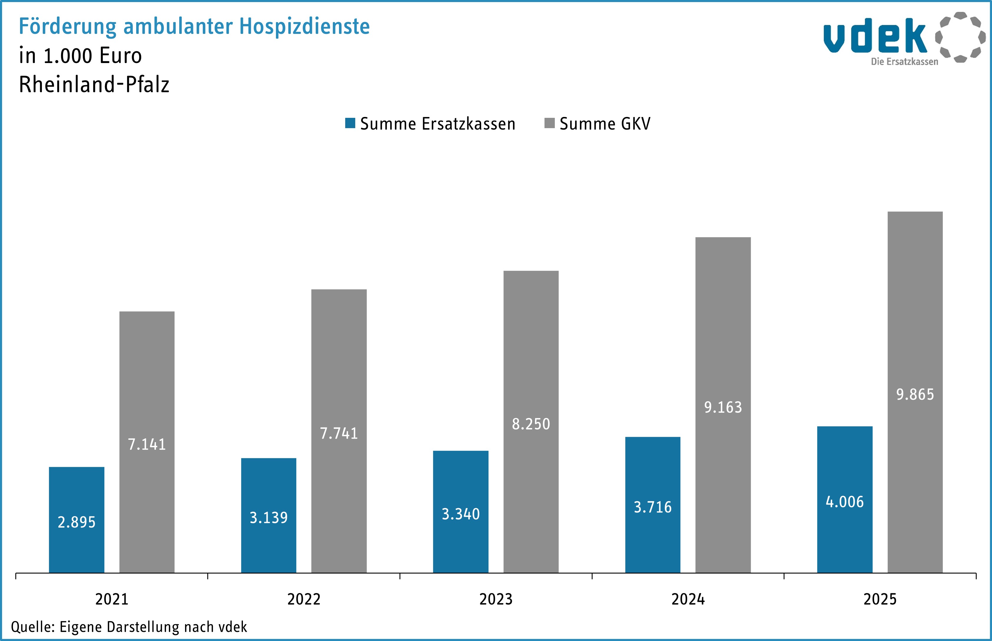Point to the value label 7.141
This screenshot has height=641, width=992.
147,445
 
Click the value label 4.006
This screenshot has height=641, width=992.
845,502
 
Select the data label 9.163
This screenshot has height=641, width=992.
723,407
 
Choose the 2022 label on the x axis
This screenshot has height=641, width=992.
304,599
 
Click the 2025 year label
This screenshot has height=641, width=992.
880,599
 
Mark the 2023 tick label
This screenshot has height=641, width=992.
496,599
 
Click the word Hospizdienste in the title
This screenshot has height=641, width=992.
305,27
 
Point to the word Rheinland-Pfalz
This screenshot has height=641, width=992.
94,85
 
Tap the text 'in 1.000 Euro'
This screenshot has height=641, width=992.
80,56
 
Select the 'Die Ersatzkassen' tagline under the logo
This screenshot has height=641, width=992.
904,62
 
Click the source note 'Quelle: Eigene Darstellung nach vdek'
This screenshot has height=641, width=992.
129,627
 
